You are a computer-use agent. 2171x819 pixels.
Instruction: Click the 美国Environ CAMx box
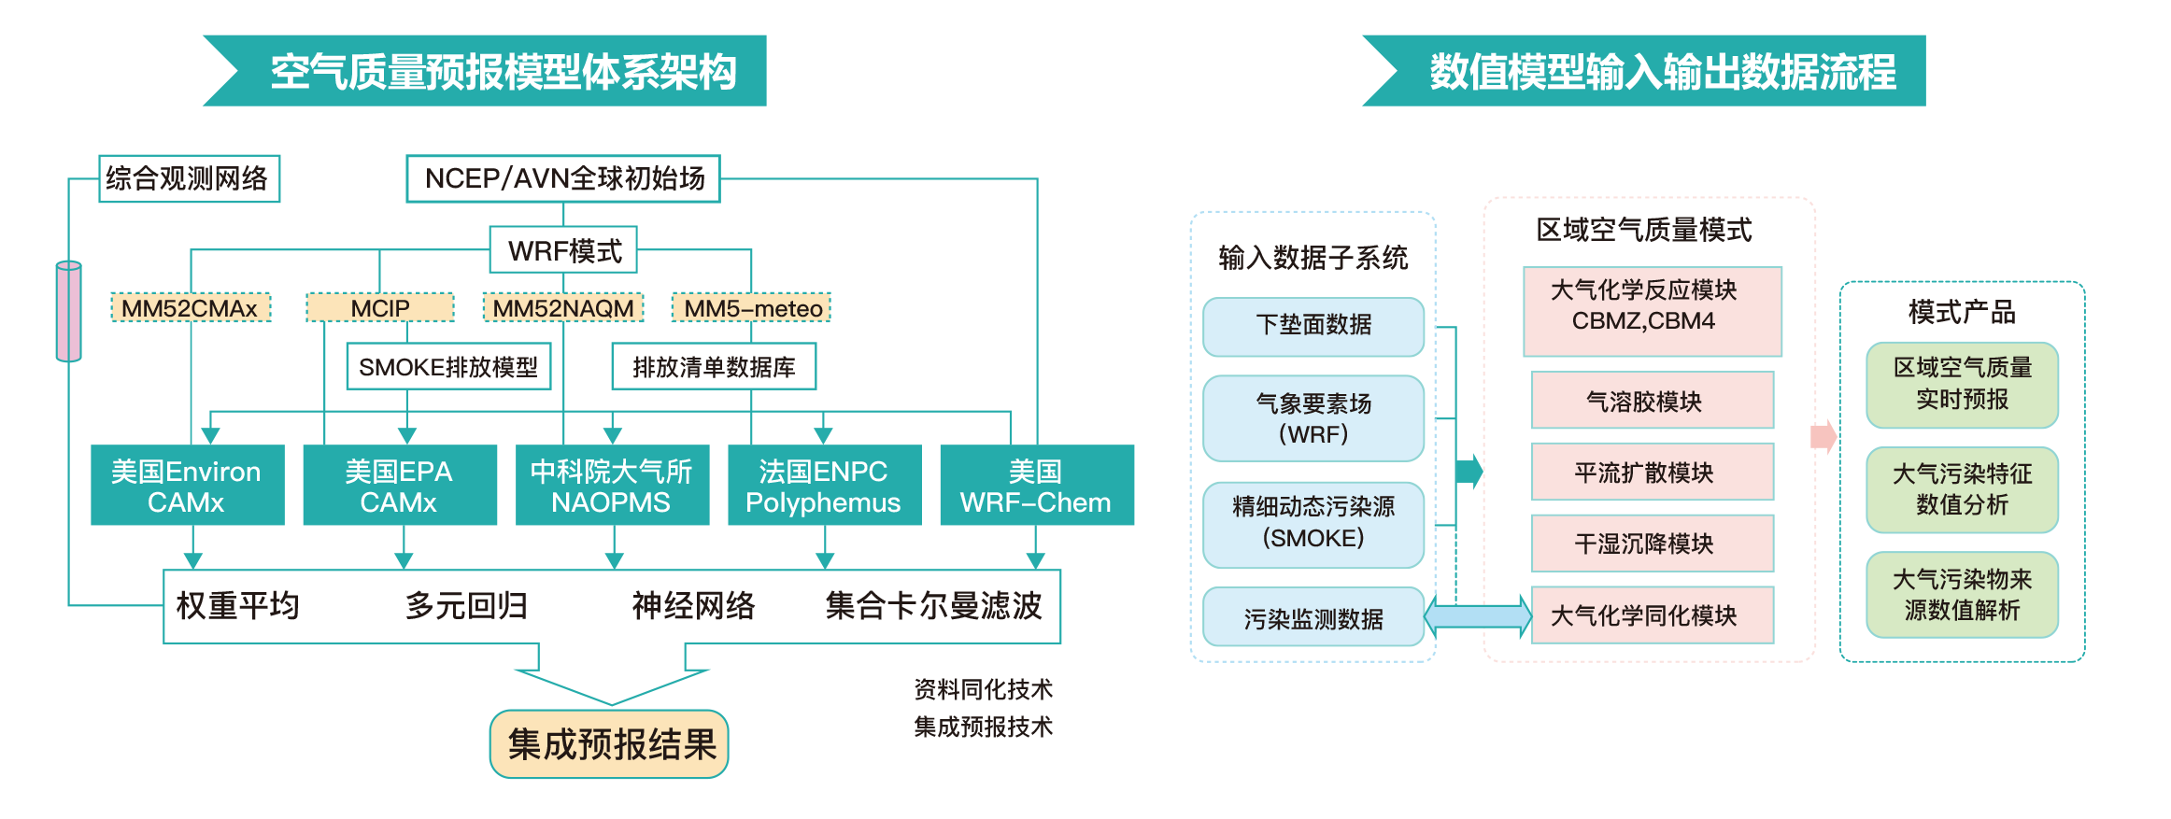tap(187, 486)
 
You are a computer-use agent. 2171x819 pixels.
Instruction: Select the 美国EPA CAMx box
tap(399, 486)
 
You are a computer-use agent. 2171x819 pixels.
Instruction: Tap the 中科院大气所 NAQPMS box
tap(612, 486)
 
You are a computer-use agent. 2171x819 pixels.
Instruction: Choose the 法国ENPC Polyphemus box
tap(824, 486)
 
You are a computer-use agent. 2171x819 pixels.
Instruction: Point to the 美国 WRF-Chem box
tap(1036, 486)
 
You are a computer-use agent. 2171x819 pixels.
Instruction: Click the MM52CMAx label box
tap(191, 308)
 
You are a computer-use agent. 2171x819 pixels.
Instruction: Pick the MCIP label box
tap(380, 308)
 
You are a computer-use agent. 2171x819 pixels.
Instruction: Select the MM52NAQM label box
tap(563, 308)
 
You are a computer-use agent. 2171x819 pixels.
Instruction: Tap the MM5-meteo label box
tap(752, 308)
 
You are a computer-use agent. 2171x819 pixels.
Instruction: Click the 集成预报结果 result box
tap(609, 744)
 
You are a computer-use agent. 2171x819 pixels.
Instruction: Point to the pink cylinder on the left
tap(69, 311)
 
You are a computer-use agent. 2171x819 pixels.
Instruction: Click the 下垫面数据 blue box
tap(1313, 326)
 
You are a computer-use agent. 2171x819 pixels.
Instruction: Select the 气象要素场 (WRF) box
tap(1313, 418)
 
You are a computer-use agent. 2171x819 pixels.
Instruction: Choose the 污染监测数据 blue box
tap(1313, 617)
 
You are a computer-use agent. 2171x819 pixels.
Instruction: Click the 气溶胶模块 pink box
tap(1652, 401)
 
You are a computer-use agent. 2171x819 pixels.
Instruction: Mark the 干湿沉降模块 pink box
tap(1652, 544)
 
